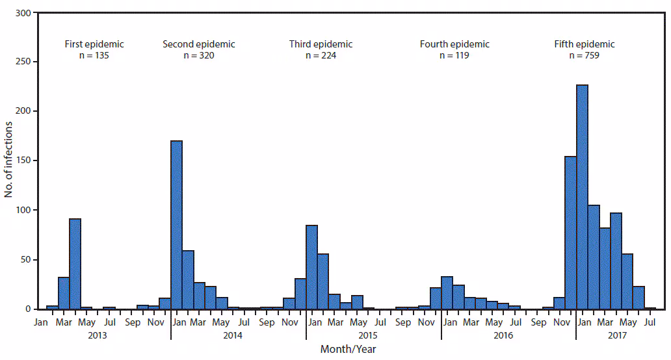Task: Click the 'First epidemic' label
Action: point(94,44)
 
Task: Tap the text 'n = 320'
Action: point(198,56)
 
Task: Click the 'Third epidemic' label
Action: point(321,44)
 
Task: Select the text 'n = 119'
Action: point(454,56)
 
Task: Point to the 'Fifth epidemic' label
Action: point(584,44)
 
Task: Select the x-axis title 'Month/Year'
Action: point(348,350)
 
